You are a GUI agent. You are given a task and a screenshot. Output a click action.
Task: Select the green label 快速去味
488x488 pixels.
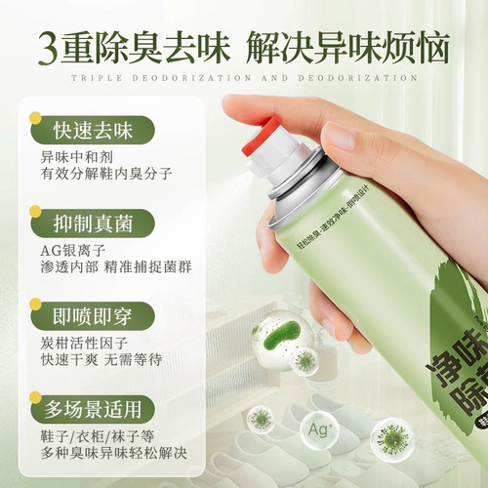[x=94, y=129]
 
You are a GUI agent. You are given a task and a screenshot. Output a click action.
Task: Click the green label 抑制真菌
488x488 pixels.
[x=94, y=219]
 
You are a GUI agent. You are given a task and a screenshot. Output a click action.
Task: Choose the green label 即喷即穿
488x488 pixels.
[x=94, y=317]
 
